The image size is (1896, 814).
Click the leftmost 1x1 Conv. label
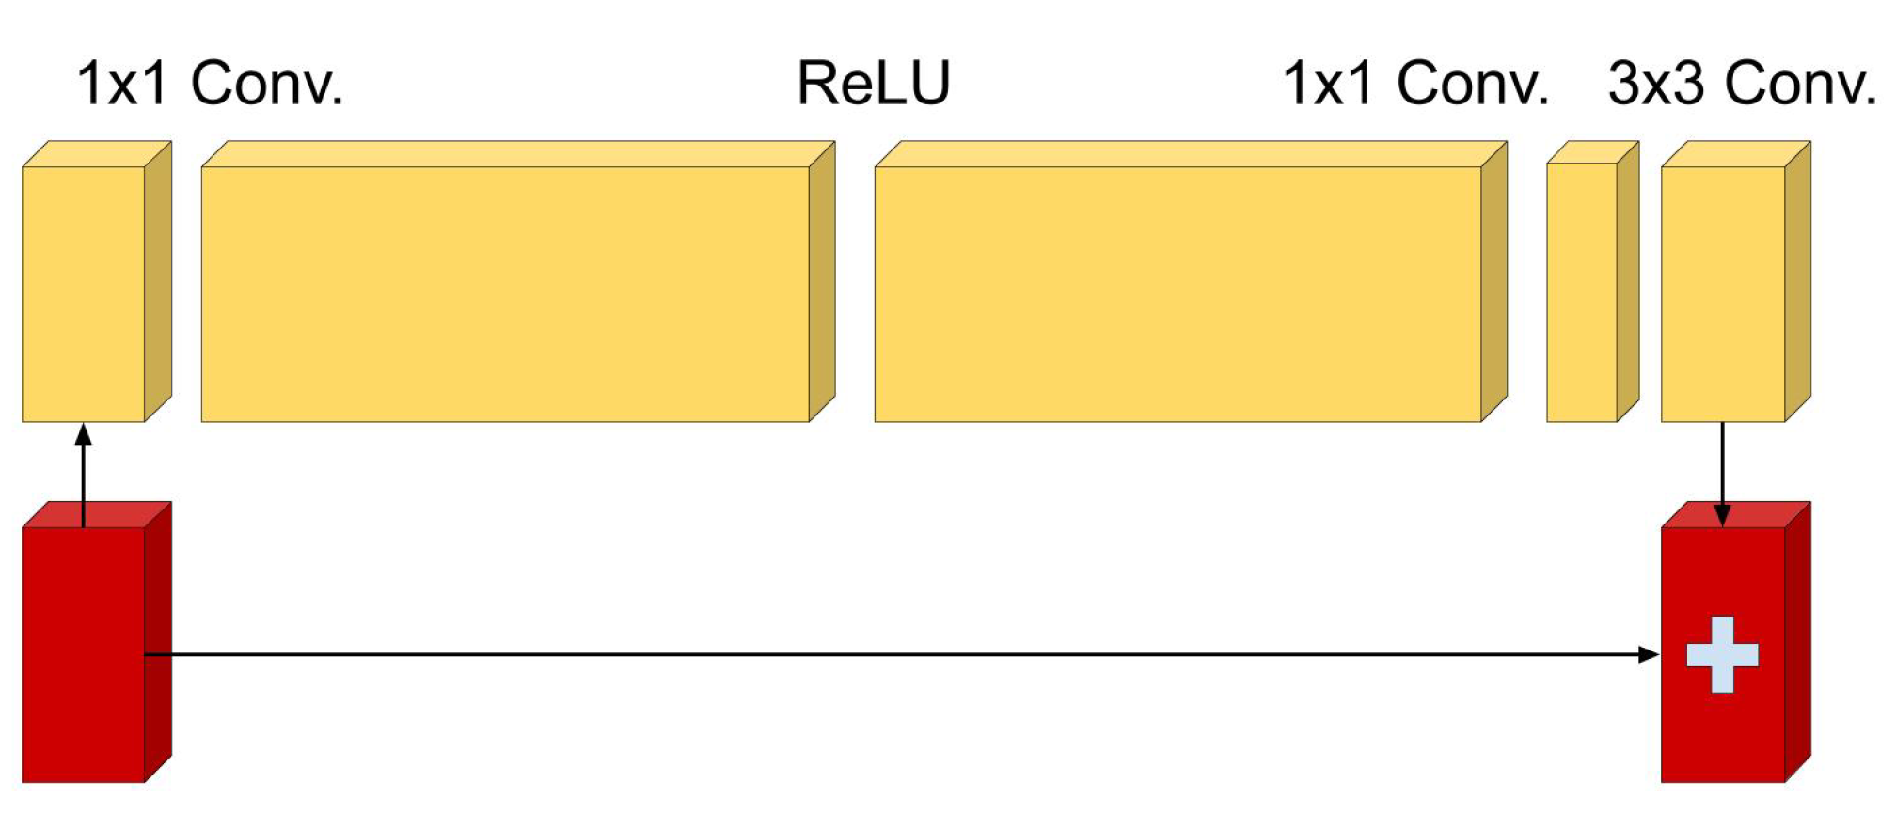click(x=210, y=84)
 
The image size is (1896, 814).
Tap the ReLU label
click(x=874, y=84)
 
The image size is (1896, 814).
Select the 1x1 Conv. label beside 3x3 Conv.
click(x=1415, y=84)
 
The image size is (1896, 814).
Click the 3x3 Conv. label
click(x=1742, y=84)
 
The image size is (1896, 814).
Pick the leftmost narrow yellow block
click(x=84, y=293)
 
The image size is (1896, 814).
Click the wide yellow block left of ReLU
click(x=505, y=293)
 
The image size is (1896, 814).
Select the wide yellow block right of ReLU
click(x=1177, y=293)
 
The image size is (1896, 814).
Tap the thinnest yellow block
click(x=1582, y=293)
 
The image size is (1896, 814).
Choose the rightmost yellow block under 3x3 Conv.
click(x=1723, y=293)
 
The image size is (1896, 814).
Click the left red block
click(x=84, y=658)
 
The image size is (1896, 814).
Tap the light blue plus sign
click(x=1722, y=655)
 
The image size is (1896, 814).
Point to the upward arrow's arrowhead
click(x=84, y=433)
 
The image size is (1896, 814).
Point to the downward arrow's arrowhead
click(x=1722, y=516)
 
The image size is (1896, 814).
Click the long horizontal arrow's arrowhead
click(x=1650, y=654)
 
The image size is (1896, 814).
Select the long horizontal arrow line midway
click(x=903, y=654)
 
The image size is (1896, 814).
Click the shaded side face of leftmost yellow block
click(x=158, y=282)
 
